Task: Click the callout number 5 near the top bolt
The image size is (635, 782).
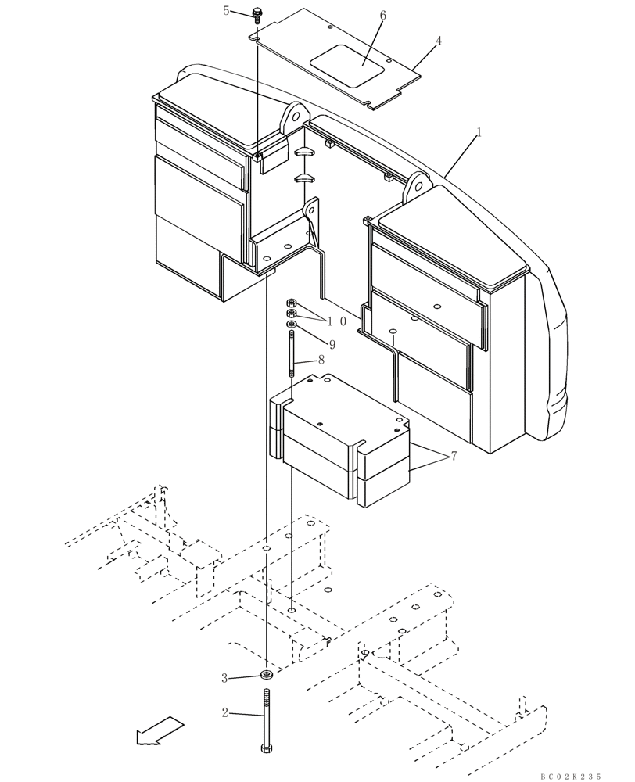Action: pyautogui.click(x=227, y=10)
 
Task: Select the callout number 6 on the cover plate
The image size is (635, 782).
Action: pyautogui.click(x=382, y=16)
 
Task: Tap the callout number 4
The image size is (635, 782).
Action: pyautogui.click(x=439, y=41)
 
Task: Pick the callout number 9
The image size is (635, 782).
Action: pyautogui.click(x=332, y=344)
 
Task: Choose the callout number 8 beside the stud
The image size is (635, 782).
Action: pyautogui.click(x=321, y=361)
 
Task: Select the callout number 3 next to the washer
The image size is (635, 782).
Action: pyautogui.click(x=224, y=677)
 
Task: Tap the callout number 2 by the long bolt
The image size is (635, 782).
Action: pyautogui.click(x=224, y=712)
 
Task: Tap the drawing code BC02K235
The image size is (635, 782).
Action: pyautogui.click(x=570, y=776)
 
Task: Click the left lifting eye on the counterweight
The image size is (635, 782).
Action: pyautogui.click(x=292, y=116)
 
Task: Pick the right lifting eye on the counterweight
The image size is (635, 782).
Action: pyautogui.click(x=417, y=185)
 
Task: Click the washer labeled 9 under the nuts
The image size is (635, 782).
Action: pyautogui.click(x=292, y=324)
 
